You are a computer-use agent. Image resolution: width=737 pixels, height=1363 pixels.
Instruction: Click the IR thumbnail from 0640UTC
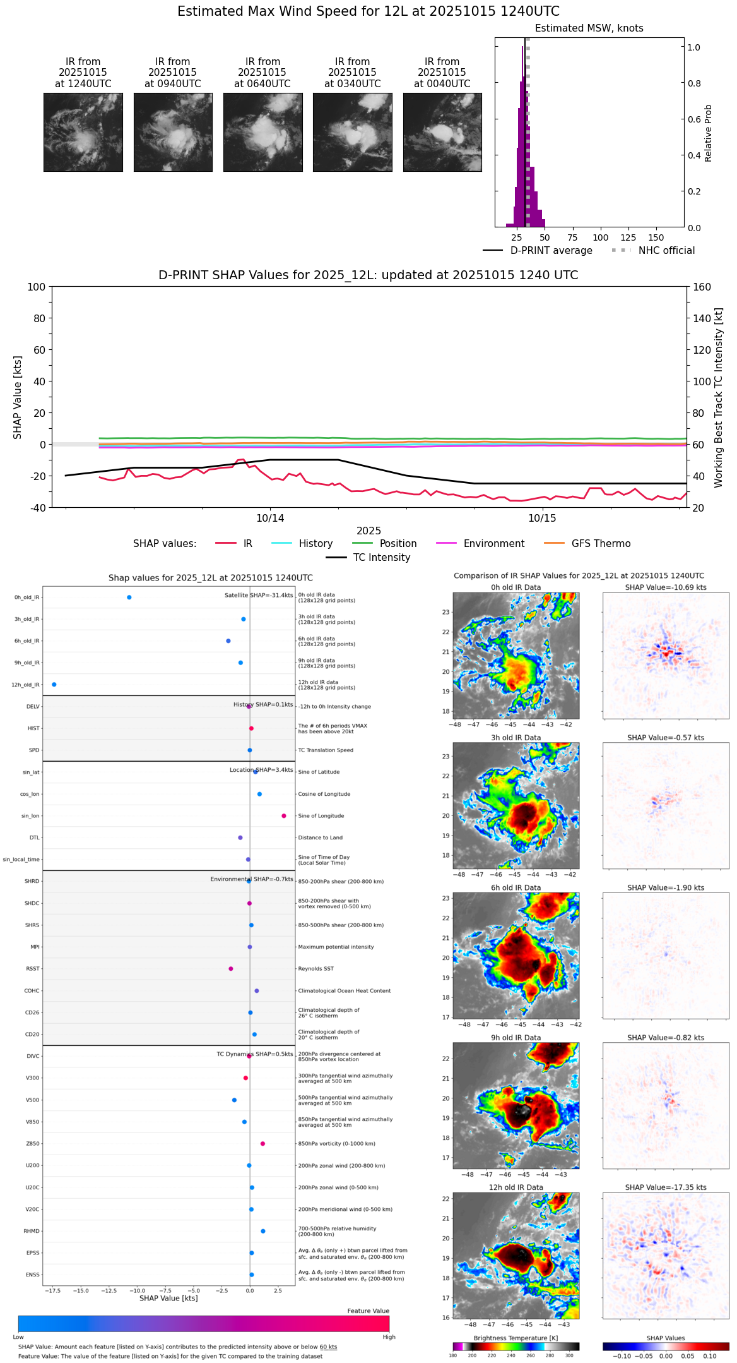pyautogui.click(x=262, y=132)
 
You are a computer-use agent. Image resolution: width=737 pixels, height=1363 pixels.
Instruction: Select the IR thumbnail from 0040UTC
pyautogui.click(x=442, y=132)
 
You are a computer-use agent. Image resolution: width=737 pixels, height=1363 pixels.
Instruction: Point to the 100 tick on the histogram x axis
pyautogui.click(x=600, y=237)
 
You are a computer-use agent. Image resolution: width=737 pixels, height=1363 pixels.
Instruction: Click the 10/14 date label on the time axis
pyautogui.click(x=270, y=519)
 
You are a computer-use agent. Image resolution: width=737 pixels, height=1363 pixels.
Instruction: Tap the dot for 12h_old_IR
pyautogui.click(x=54, y=685)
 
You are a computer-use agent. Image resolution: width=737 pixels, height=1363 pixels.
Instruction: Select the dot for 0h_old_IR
pyautogui.click(x=129, y=597)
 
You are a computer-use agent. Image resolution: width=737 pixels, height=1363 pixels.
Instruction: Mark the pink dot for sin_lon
pyautogui.click(x=284, y=816)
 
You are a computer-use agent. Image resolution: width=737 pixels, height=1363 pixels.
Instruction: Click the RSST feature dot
pyautogui.click(x=231, y=969)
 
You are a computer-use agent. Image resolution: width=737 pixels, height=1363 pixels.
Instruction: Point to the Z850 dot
pyautogui.click(x=262, y=1144)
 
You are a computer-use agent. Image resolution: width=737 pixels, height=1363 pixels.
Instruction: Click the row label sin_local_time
pyautogui.click(x=21, y=860)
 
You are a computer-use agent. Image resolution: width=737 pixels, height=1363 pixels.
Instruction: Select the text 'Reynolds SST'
pyautogui.click(x=315, y=969)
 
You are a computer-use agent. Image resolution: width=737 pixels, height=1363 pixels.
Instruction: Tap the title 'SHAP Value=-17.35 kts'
pyautogui.click(x=666, y=1187)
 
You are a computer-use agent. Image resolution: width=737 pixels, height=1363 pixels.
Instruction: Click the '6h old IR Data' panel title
pyautogui.click(x=516, y=887)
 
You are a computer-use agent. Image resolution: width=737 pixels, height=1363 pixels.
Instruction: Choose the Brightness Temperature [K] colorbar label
pyautogui.click(x=516, y=1338)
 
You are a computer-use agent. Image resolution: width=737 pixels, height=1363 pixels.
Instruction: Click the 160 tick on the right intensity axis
pyautogui.click(x=702, y=287)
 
